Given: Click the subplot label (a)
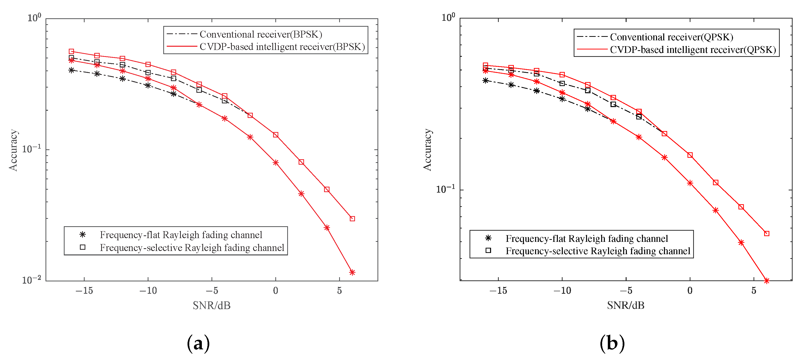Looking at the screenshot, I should point(198,343).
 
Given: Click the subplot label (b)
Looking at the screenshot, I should point(612,343).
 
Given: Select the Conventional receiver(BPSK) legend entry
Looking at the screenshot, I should point(260,34).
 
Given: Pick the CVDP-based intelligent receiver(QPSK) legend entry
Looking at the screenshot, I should point(693,50).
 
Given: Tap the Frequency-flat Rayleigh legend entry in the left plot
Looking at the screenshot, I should point(181,235).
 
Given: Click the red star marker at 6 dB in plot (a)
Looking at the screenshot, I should point(352,272).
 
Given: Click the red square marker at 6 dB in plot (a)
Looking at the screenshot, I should point(352,219).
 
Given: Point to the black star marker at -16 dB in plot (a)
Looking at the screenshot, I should point(71,70).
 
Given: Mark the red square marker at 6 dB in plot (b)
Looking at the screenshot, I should point(767,233).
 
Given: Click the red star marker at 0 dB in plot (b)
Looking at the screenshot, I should point(690,183).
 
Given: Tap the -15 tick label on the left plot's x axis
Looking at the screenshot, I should point(84,291).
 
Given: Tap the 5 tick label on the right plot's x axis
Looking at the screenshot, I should point(754,291).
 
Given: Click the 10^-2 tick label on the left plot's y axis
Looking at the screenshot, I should point(31,280).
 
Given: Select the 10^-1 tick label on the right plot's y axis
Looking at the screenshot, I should point(445,189).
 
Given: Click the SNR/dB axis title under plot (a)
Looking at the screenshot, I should point(212,305).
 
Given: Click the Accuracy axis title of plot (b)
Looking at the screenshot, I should point(427,150).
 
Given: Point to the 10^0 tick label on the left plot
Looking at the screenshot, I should point(34,18).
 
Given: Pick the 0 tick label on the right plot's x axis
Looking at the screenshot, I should point(690,291).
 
